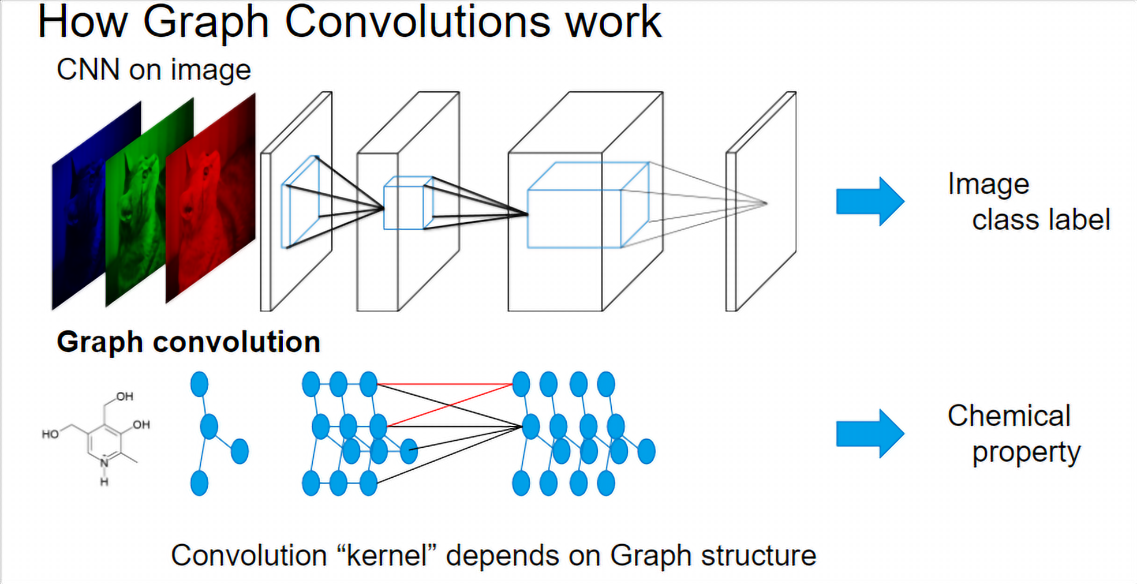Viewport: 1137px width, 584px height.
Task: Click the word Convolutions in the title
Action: [x=418, y=22]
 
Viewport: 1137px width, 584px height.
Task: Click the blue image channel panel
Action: [x=96, y=205]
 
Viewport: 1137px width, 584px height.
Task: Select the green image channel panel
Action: [x=149, y=202]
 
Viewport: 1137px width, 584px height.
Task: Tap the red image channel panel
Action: [x=210, y=199]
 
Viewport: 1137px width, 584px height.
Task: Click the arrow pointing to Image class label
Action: [x=870, y=201]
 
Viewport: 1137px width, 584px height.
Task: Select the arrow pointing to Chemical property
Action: [x=870, y=433]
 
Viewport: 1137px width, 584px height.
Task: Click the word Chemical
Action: [x=1009, y=415]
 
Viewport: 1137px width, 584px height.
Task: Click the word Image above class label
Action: [x=988, y=185]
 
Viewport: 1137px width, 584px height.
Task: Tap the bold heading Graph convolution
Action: [x=188, y=342]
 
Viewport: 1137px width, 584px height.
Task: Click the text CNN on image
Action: [x=154, y=70]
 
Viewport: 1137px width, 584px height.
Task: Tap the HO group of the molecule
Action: [x=50, y=433]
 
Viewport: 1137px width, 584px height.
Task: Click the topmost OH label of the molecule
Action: [x=125, y=396]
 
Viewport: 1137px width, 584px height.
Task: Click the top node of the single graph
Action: [x=199, y=384]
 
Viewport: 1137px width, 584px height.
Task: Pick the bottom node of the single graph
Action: [x=199, y=483]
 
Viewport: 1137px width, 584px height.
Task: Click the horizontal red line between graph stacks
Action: [x=445, y=384]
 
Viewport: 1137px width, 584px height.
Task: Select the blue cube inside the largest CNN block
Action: [x=588, y=205]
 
